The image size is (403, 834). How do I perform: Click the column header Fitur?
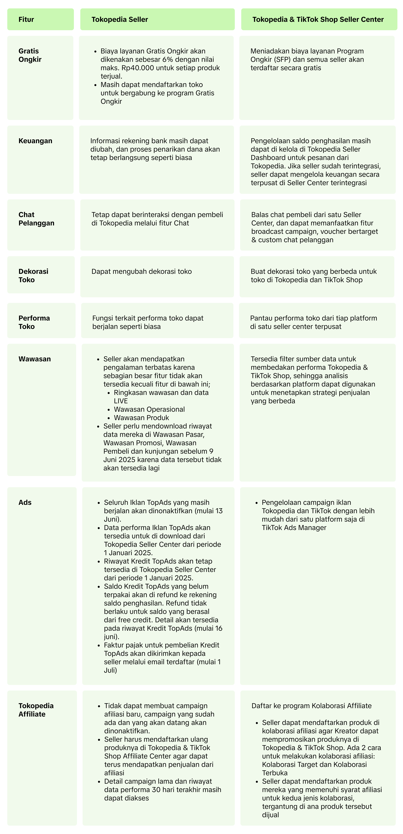(x=26, y=19)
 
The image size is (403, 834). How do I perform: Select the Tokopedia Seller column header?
(x=120, y=19)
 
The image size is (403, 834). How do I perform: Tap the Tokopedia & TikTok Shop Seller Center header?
(x=318, y=19)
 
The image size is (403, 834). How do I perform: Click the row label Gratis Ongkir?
(x=30, y=55)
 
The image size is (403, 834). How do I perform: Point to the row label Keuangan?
(x=35, y=141)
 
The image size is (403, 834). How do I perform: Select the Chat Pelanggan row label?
(x=36, y=219)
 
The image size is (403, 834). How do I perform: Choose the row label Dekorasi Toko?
(x=33, y=275)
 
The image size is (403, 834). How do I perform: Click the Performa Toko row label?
(x=34, y=322)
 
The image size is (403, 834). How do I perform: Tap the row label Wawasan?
(x=35, y=359)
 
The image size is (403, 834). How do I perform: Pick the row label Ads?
(x=25, y=502)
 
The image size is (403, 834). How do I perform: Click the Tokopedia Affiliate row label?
(x=36, y=710)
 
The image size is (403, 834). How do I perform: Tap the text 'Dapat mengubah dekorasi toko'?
(x=142, y=271)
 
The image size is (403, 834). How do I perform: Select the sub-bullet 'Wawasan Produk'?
(x=141, y=418)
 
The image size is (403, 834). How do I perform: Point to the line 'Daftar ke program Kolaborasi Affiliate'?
(x=311, y=706)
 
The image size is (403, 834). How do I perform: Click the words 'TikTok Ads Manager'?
(x=294, y=528)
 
